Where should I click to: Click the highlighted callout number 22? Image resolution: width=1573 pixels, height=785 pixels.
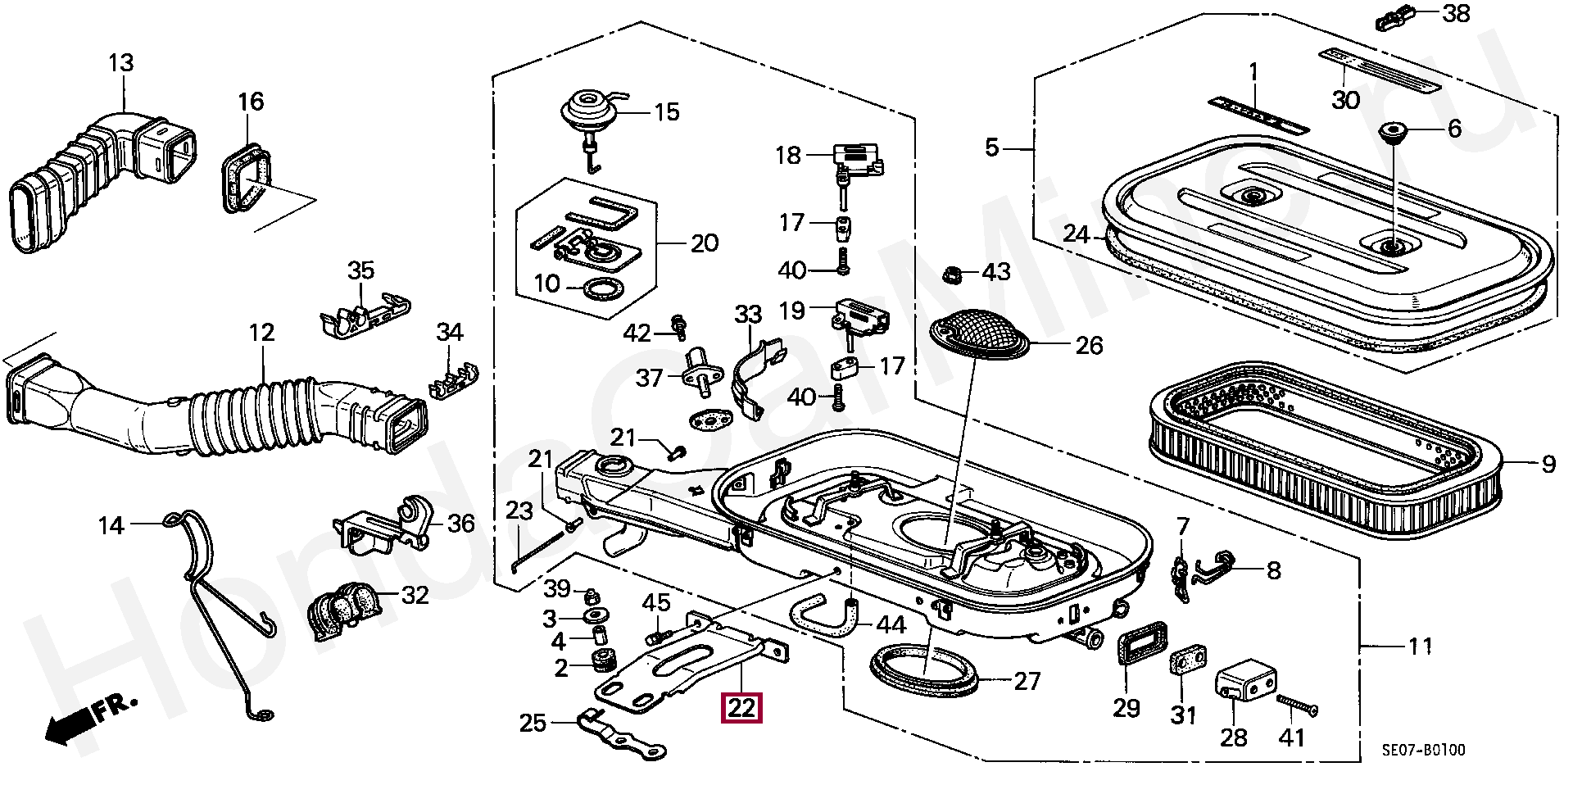[741, 707]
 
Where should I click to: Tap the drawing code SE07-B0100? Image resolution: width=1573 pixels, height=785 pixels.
[1424, 750]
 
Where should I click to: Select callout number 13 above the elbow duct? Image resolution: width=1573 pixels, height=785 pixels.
[120, 63]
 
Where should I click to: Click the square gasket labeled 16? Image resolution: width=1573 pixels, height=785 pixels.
[246, 179]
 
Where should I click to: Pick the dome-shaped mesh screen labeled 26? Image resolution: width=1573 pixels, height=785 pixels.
[981, 334]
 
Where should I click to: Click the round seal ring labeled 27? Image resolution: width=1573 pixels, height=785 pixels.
[924, 673]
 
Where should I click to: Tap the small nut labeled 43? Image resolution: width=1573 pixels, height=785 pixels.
[952, 273]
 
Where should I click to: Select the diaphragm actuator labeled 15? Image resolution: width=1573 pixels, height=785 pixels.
[589, 112]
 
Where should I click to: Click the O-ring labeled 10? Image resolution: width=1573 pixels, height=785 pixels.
[603, 288]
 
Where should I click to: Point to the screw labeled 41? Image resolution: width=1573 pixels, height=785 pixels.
[1297, 704]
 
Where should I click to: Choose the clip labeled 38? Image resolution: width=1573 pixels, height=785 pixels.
[1395, 17]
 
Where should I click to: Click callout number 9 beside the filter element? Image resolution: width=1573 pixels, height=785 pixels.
[1548, 465]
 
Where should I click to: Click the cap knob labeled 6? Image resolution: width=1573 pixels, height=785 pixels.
[1393, 131]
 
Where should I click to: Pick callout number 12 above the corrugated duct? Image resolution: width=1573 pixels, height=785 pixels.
[261, 333]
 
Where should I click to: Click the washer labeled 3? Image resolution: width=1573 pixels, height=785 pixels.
[592, 616]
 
